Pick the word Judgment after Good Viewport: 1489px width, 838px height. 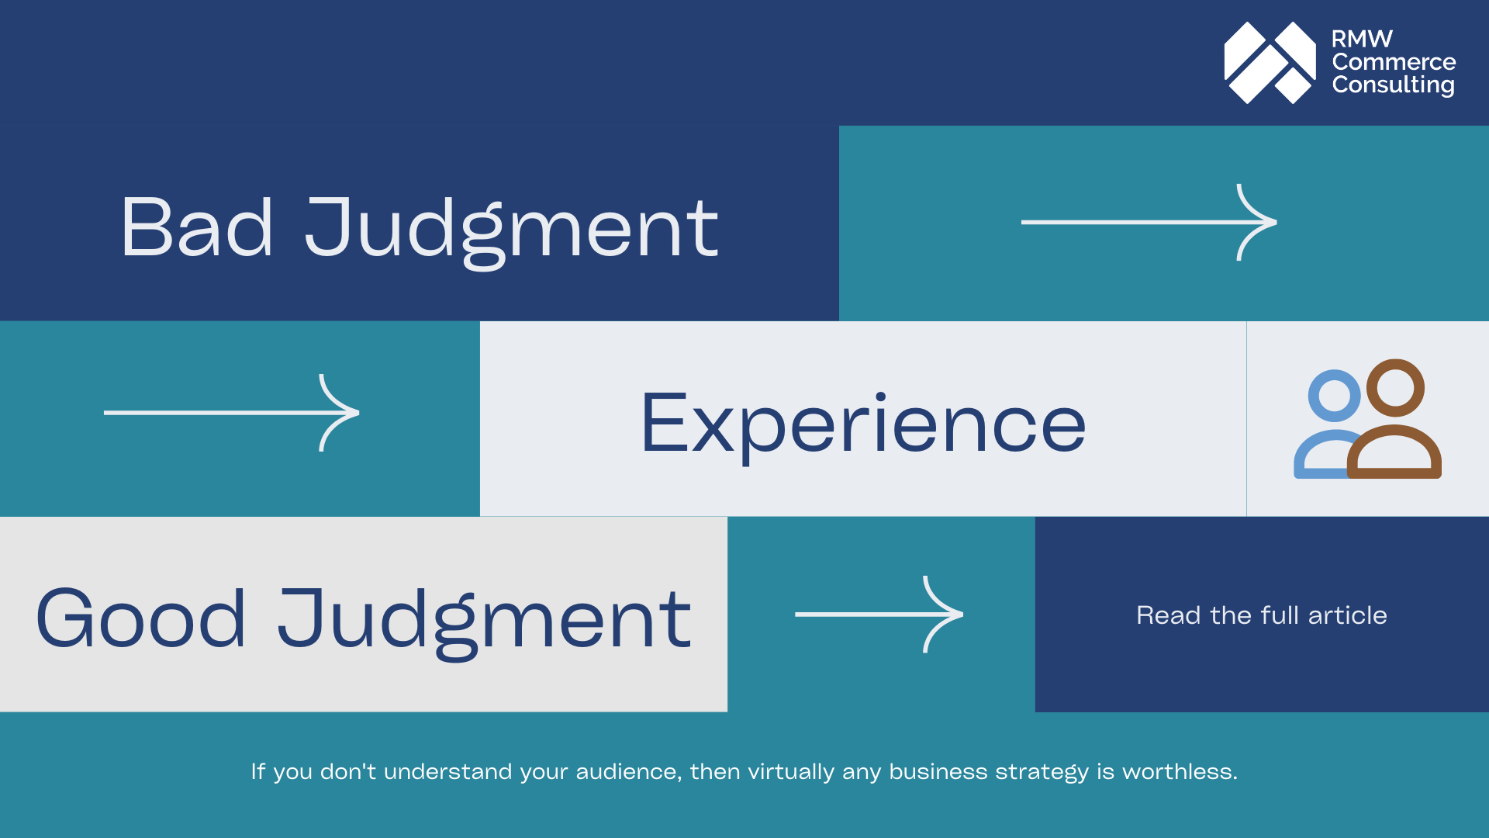coord(485,621)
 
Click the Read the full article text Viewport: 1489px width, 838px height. coord(1261,615)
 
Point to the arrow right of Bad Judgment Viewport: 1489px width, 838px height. coord(1149,223)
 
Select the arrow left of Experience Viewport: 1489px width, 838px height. coord(231,413)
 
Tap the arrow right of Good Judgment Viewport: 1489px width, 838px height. coord(879,615)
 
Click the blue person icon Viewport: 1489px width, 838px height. coord(1328,423)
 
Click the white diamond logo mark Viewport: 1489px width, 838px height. coord(1270,63)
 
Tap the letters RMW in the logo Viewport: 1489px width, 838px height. coord(1362,39)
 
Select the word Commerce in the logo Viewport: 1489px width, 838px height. coord(1394,62)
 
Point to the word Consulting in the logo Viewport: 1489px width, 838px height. coord(1393,85)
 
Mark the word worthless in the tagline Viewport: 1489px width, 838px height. coord(1180,772)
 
